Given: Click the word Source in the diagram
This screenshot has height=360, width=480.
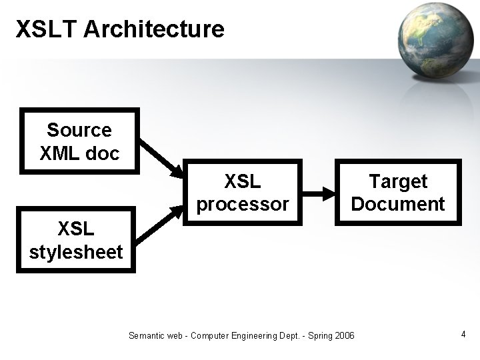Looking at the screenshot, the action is (x=79, y=129).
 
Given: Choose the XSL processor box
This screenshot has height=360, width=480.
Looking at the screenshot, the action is (x=243, y=192).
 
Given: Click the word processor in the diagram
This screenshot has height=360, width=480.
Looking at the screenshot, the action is (x=243, y=203).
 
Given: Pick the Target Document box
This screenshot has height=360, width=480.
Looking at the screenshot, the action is (x=397, y=192).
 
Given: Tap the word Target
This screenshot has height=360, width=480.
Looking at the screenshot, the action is (x=398, y=181).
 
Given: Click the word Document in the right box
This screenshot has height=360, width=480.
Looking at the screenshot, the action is (x=397, y=203).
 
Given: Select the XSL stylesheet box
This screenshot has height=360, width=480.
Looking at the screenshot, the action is (x=76, y=240).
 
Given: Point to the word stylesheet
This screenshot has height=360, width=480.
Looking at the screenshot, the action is (x=76, y=252).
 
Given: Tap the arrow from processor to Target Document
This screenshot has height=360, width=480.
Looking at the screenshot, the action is (x=319, y=195).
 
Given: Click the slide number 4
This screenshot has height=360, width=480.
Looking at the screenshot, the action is (x=463, y=334).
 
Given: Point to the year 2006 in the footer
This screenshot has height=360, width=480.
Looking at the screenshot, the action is (x=344, y=335).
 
